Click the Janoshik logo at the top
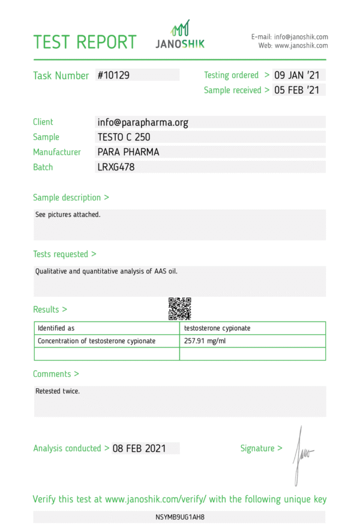tap(180, 34)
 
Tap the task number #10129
tap(113, 76)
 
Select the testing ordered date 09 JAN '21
tap(298, 76)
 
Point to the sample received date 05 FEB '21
tap(298, 91)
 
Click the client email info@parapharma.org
tap(143, 122)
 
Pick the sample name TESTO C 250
tap(124, 137)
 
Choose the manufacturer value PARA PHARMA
tap(128, 152)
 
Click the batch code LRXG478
tap(116, 167)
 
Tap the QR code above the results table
tap(179, 308)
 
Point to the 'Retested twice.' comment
tap(58, 391)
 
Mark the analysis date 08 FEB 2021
tap(139, 448)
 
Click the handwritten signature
tap(301, 454)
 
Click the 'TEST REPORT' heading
tap(85, 42)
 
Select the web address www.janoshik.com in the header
tap(301, 46)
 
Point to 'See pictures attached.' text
tap(68, 214)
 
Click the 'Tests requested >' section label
tap(64, 254)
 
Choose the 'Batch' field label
tap(43, 167)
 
